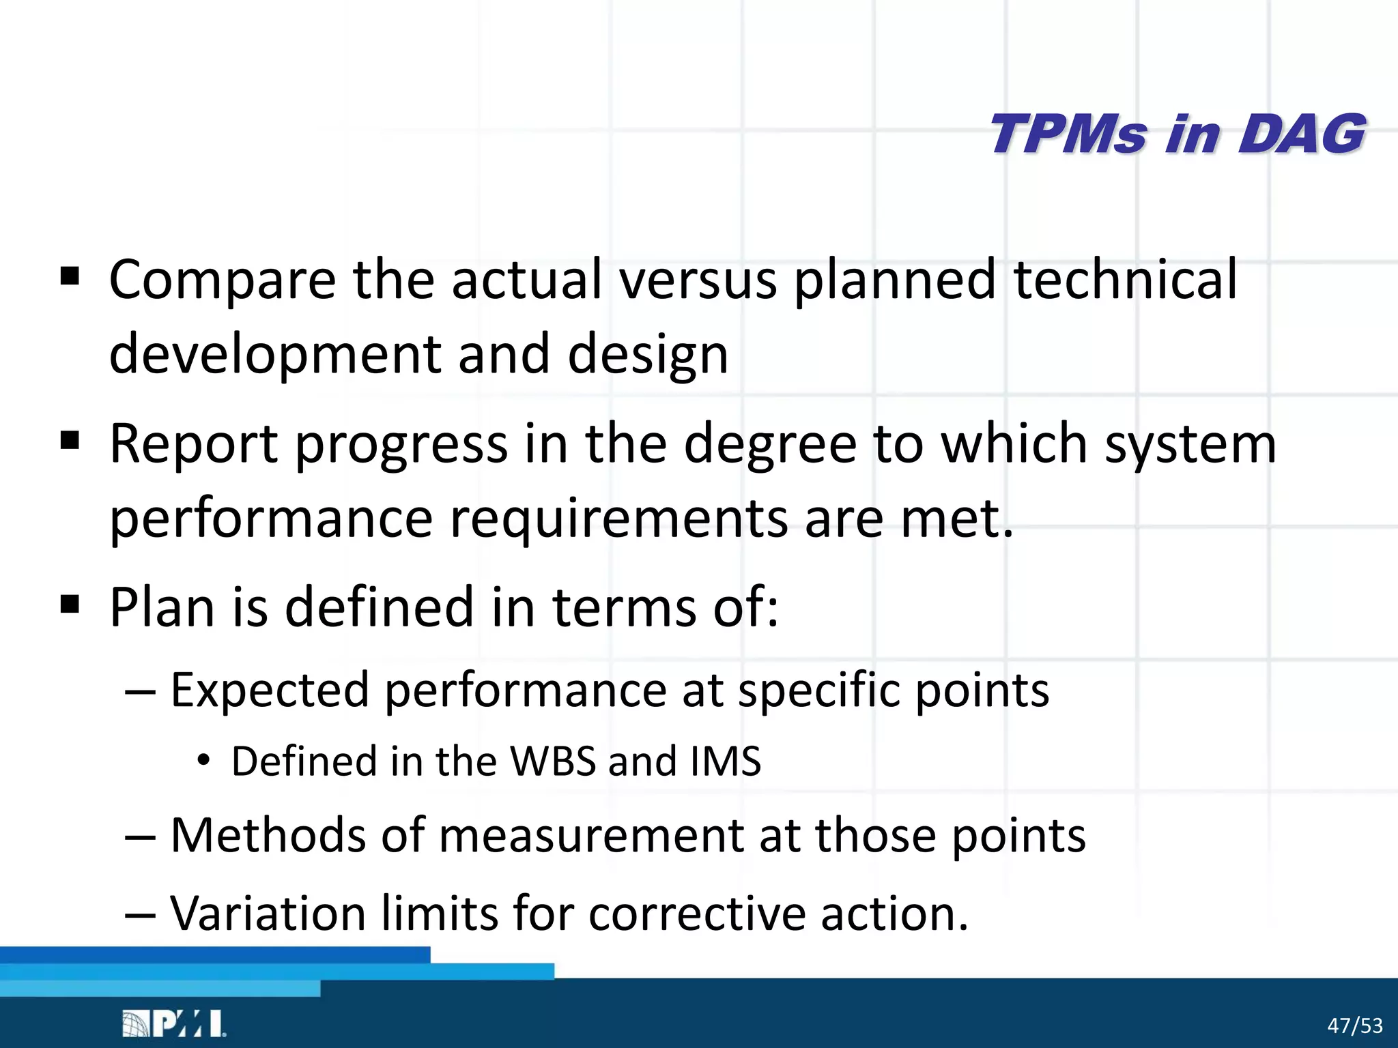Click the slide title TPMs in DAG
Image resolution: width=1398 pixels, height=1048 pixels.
pos(1178,134)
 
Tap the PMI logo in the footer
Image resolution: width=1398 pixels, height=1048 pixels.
pos(173,1023)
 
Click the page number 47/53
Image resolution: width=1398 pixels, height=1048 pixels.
pos(1354,1025)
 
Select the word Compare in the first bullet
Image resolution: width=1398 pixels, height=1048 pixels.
pos(223,280)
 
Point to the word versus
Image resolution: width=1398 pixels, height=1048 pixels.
pos(698,280)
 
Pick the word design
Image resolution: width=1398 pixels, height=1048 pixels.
pos(648,355)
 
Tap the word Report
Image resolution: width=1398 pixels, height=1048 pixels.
pos(194,444)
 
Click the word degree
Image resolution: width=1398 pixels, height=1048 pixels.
pos(770,444)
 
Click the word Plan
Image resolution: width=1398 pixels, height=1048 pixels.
pos(162,607)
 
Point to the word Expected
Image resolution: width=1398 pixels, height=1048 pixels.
pos(270,690)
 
